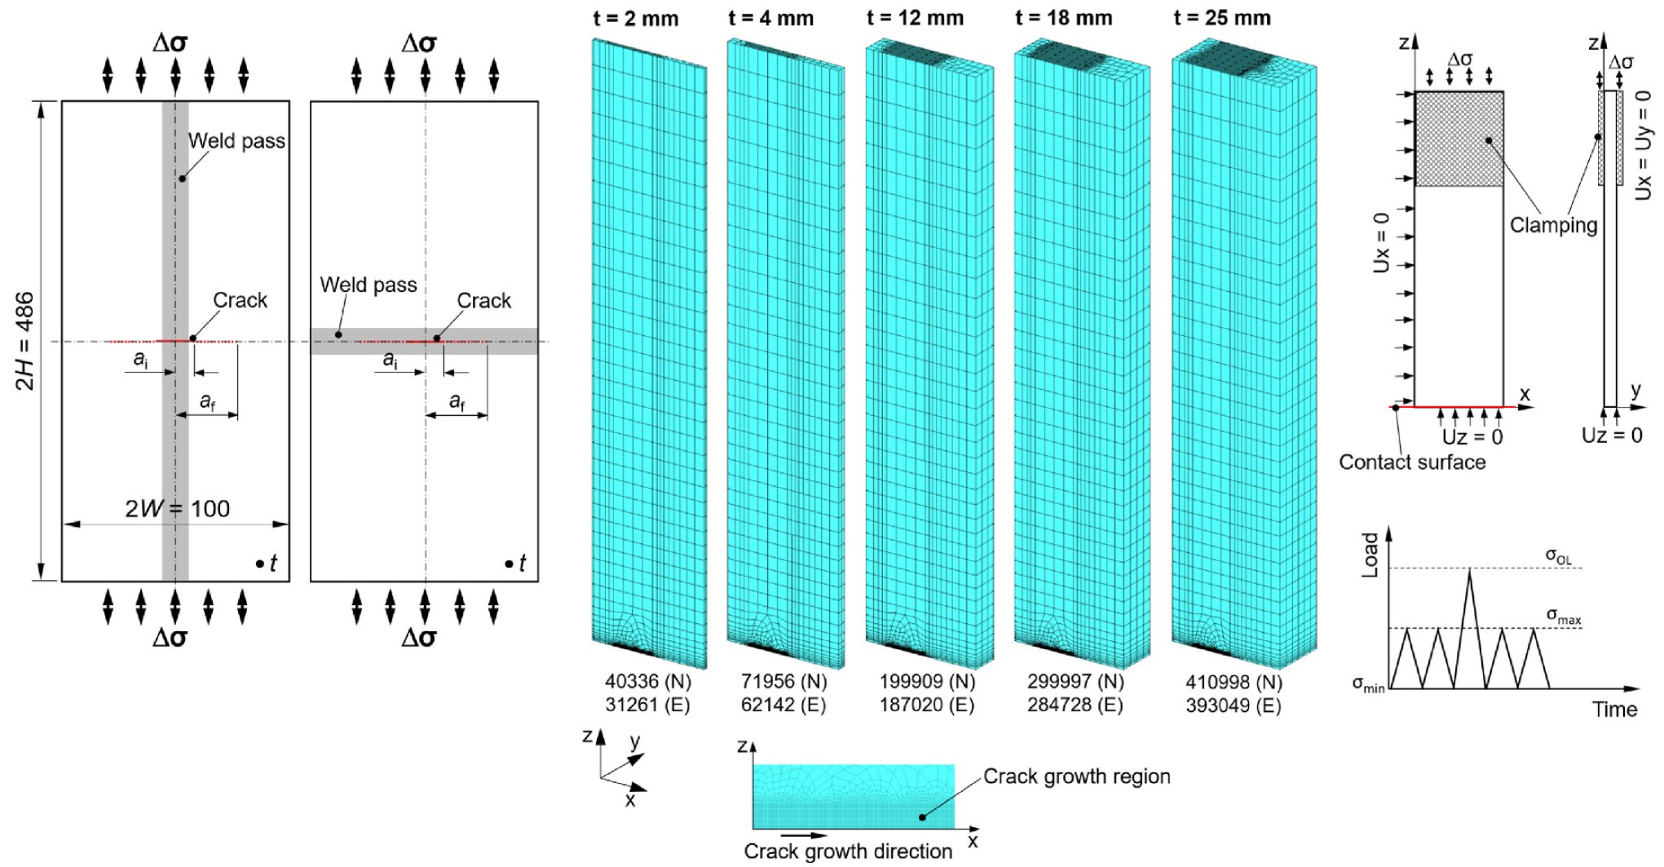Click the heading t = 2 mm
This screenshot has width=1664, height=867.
(x=636, y=18)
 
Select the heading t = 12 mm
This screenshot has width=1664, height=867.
(x=915, y=18)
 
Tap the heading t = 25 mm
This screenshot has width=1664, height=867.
(x=1222, y=18)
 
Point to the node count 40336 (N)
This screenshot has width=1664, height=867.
(x=647, y=681)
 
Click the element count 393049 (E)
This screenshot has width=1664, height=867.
(x=1233, y=705)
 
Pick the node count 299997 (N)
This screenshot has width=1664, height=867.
(x=1075, y=681)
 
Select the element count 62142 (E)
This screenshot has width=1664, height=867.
(x=783, y=705)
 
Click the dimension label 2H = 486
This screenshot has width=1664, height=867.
(x=25, y=341)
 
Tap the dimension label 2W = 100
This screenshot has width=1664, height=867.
(x=177, y=509)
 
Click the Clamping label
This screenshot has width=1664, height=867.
(x=1553, y=225)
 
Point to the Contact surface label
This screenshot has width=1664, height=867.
(x=1412, y=462)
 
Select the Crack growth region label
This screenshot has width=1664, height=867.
(x=1076, y=776)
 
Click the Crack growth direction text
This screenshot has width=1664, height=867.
(x=848, y=852)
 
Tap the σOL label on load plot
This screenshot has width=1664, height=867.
(x=1558, y=556)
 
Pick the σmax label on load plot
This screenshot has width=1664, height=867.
(x=1563, y=616)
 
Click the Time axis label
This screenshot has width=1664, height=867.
(x=1614, y=710)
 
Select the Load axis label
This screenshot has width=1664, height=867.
(x=1370, y=555)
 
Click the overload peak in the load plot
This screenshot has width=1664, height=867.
(x=1469, y=571)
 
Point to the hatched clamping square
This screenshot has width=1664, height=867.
(x=1459, y=139)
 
